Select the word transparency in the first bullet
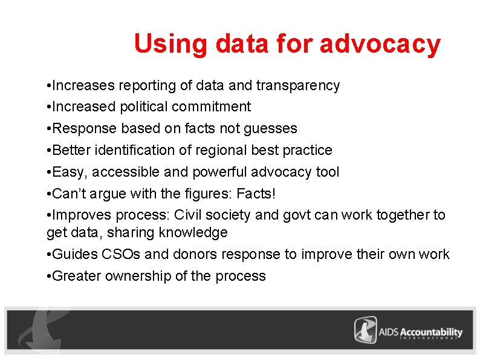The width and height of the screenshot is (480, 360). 298,86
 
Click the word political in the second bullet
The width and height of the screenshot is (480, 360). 143,107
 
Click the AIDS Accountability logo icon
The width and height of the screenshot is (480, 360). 365,330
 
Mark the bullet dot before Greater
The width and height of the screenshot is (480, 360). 49,277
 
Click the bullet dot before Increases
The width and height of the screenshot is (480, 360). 49,87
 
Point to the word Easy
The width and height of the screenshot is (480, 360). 71,172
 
